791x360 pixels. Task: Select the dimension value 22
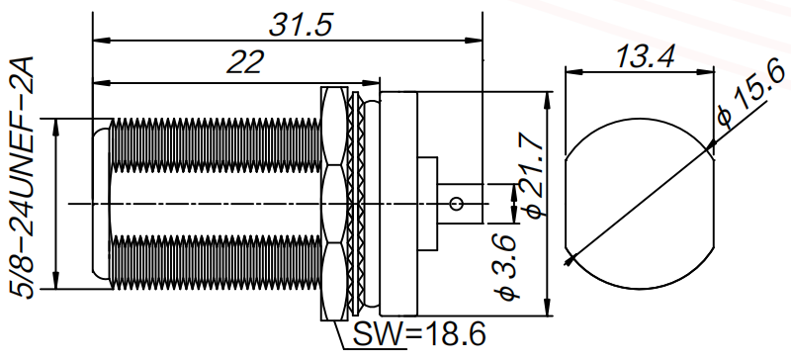point(243,63)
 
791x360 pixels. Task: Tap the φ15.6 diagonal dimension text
point(745,97)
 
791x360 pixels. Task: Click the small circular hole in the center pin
point(455,204)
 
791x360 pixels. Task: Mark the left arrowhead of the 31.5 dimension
point(97,41)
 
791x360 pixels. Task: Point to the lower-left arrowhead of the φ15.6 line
point(569,260)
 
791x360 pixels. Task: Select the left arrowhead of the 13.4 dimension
point(569,71)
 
